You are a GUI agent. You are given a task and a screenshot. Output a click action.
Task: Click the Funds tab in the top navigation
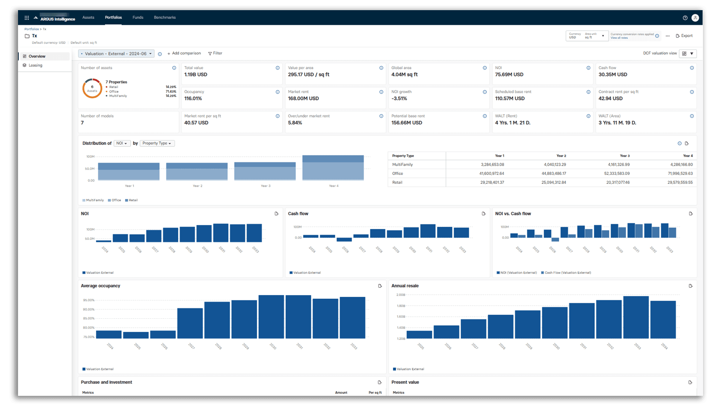(138, 17)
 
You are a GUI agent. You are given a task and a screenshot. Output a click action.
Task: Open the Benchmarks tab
(164, 17)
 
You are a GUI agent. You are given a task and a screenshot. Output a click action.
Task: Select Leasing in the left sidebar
(35, 65)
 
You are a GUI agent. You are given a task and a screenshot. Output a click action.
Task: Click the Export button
(684, 36)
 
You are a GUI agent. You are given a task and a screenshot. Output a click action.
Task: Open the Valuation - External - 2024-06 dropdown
(116, 54)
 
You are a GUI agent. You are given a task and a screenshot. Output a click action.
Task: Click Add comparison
(184, 53)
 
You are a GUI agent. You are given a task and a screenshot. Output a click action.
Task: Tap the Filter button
(215, 53)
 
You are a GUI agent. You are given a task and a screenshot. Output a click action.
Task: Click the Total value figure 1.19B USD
(196, 74)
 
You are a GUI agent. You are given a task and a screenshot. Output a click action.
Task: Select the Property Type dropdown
(157, 143)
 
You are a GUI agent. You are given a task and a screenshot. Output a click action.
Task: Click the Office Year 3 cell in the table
(618, 173)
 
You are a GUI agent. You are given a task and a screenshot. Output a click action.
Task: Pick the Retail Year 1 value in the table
(492, 182)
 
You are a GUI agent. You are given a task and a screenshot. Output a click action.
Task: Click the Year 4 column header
(688, 156)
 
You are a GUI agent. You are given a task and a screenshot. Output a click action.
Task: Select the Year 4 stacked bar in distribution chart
(333, 168)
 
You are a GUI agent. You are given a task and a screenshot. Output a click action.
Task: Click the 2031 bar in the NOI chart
(221, 233)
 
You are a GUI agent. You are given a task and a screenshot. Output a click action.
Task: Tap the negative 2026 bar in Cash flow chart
(344, 239)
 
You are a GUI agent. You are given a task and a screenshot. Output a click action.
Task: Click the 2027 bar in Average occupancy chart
(190, 323)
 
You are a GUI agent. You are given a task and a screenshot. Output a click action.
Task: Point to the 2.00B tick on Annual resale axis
(401, 295)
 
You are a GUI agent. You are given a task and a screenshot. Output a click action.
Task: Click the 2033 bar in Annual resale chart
(636, 317)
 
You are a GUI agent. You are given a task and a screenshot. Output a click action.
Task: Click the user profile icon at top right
(695, 18)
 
